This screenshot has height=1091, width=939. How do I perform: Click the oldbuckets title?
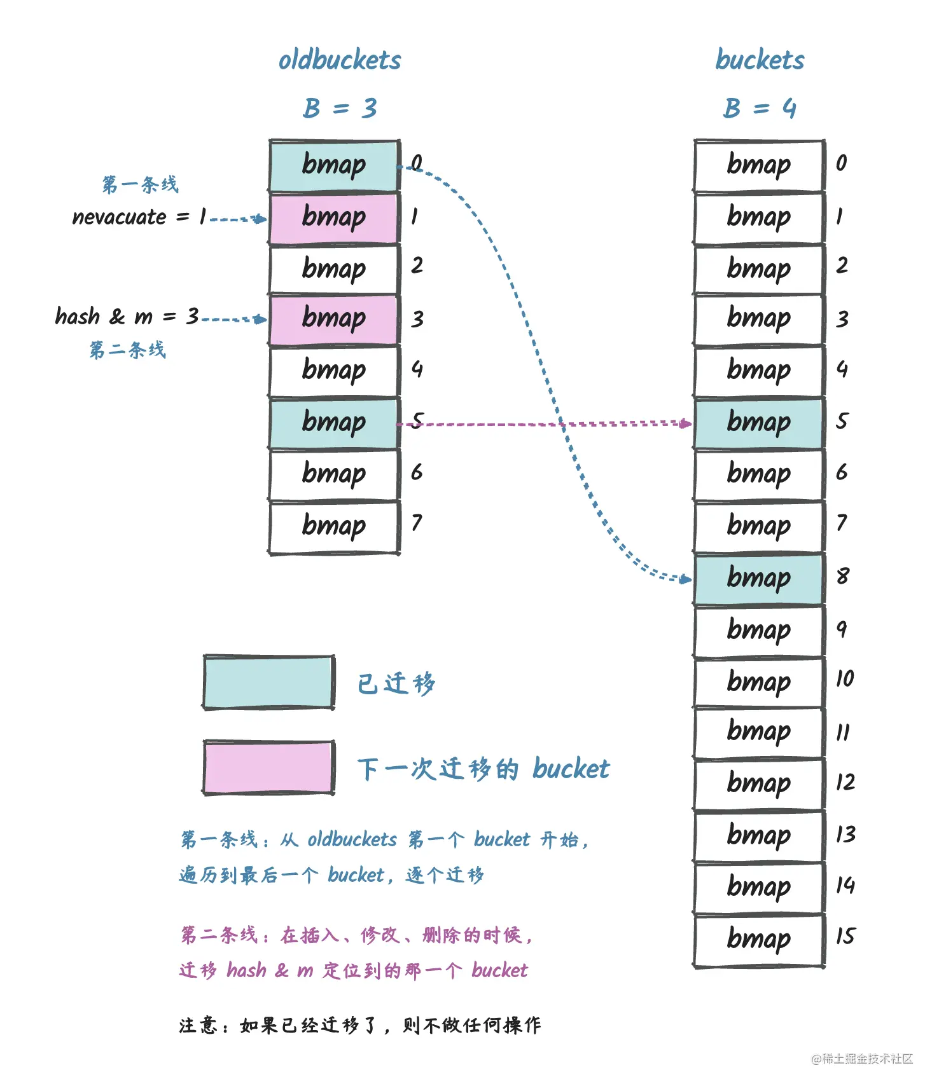(340, 60)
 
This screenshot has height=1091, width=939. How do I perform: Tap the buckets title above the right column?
(760, 60)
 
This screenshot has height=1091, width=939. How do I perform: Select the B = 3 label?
(340, 108)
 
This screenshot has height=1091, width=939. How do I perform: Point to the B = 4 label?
(760, 108)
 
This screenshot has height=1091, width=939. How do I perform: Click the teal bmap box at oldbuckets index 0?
(334, 165)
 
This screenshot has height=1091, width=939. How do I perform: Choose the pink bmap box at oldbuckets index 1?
(334, 217)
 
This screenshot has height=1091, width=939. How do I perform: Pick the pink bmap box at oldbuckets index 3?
(334, 319)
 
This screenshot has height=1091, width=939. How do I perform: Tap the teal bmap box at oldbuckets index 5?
(334, 423)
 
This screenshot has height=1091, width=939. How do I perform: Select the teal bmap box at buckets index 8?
(759, 579)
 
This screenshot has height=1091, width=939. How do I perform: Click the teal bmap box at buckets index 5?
(759, 423)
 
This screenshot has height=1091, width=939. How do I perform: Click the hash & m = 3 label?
(127, 316)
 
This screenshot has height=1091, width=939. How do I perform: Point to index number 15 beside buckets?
(845, 937)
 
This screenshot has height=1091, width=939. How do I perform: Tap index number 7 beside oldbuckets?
(417, 523)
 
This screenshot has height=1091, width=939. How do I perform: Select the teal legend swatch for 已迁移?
(268, 682)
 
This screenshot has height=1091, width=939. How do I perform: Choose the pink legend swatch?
(268, 767)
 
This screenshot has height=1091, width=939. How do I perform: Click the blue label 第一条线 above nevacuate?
(141, 185)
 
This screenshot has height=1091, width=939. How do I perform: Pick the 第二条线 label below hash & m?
(128, 350)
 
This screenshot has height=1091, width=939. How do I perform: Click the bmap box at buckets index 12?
(759, 784)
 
